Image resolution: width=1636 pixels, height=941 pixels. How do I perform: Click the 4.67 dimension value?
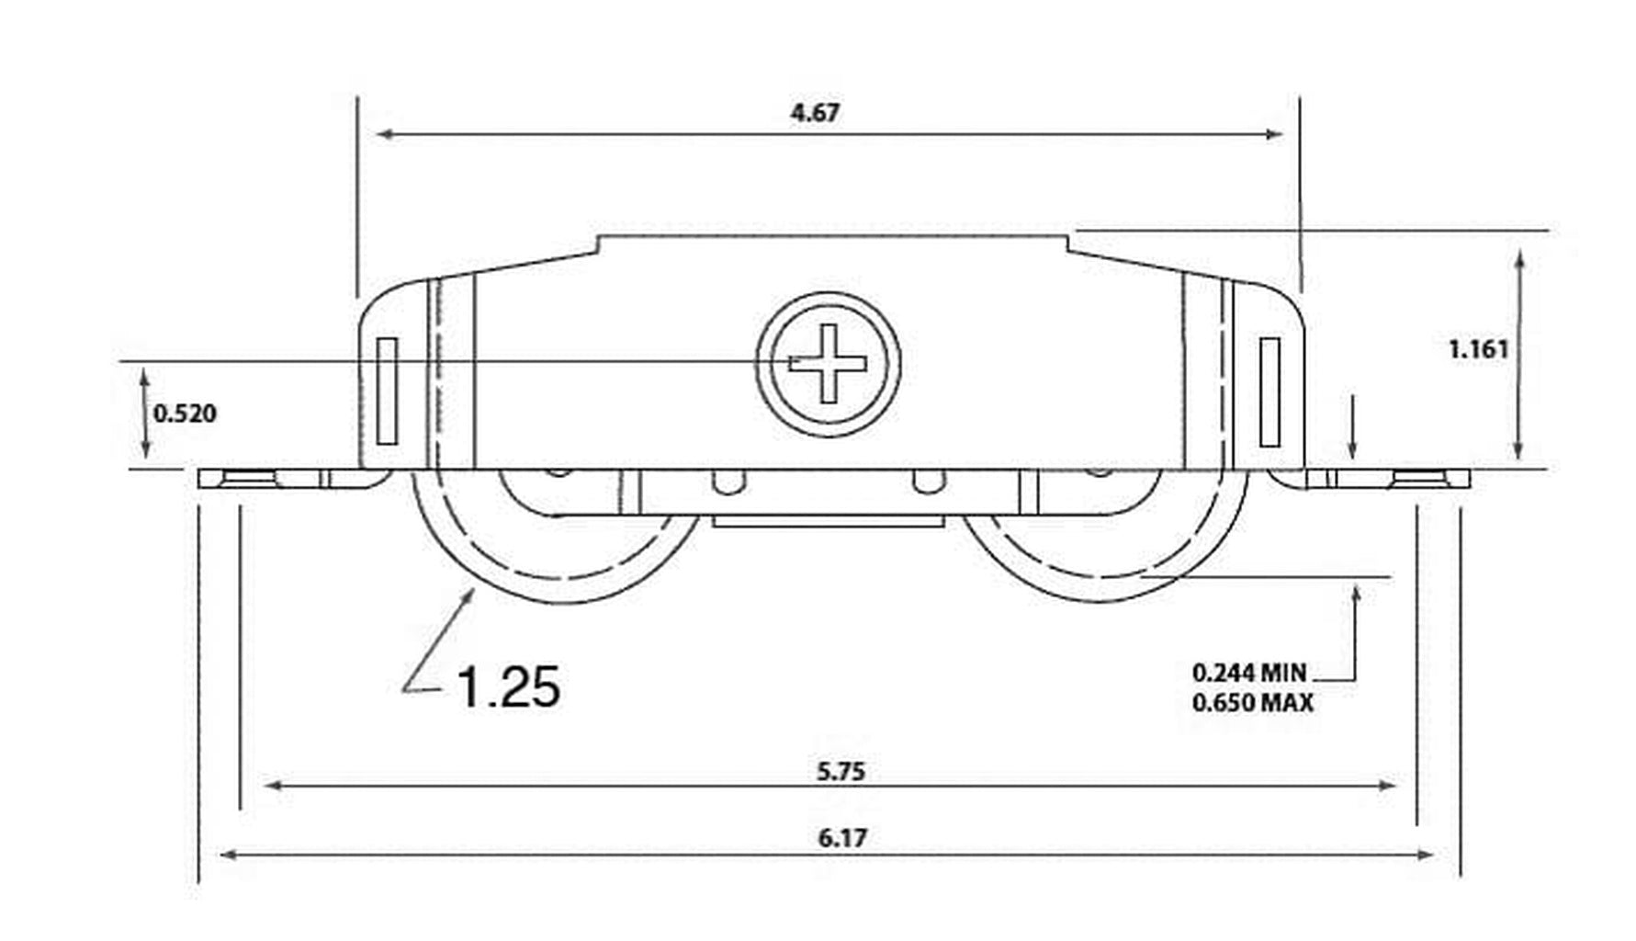tap(815, 112)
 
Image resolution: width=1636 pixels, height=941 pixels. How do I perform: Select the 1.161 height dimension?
tap(1478, 349)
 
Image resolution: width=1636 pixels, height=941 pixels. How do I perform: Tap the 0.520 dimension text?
tap(185, 414)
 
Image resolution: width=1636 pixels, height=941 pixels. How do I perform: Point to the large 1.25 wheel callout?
tap(508, 686)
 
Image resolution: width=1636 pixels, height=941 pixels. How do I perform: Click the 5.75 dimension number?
tap(841, 771)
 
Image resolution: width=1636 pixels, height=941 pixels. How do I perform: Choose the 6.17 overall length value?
tap(842, 838)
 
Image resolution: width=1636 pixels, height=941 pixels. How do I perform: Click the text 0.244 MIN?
tap(1248, 673)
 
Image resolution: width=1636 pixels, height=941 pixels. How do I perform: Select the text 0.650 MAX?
tap(1253, 703)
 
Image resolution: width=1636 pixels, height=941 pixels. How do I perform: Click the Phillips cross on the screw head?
tap(829, 363)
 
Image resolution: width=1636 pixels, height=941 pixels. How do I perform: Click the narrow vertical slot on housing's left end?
tap(387, 391)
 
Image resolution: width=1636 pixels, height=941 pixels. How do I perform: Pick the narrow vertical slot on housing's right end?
tap(1269, 391)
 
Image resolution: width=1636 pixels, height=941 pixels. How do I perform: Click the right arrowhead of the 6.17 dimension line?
tap(1423, 855)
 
